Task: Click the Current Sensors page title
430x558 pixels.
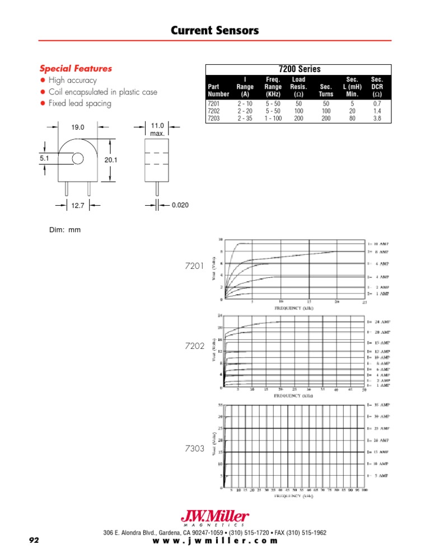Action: click(x=215, y=31)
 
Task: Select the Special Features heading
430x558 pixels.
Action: click(x=76, y=69)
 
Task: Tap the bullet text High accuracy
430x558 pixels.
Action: click(x=73, y=81)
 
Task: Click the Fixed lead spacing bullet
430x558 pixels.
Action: click(x=80, y=103)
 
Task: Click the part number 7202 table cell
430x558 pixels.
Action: click(x=214, y=111)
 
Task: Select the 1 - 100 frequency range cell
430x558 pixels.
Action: click(x=273, y=118)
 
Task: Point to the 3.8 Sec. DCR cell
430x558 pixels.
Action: click(x=377, y=118)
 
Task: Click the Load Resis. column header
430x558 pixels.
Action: click(x=298, y=87)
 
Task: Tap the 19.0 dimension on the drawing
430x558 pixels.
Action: click(x=78, y=127)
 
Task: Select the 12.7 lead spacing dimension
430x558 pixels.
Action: click(x=78, y=206)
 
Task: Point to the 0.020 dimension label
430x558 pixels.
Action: click(x=180, y=206)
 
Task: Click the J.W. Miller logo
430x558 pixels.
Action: click(x=215, y=518)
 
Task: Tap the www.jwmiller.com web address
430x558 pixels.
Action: click(x=215, y=541)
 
